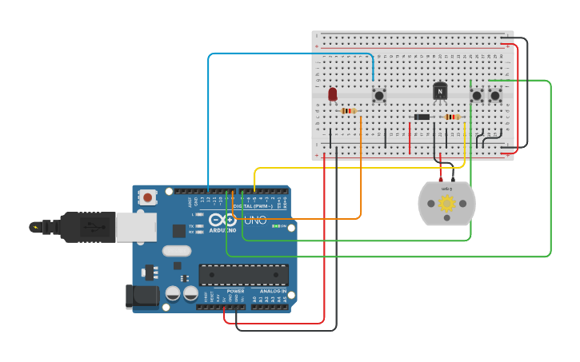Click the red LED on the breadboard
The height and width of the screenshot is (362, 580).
[333, 94]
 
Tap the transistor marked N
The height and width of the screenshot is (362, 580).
[440, 92]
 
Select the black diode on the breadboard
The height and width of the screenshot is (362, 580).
[422, 117]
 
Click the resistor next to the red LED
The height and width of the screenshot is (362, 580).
[349, 111]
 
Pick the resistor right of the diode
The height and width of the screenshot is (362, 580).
[452, 117]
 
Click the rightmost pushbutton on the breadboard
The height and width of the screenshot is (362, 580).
[495, 95]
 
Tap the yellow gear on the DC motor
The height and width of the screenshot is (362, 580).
[446, 203]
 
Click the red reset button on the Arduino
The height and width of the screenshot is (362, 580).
[148, 197]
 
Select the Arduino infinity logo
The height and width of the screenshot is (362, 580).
[222, 220]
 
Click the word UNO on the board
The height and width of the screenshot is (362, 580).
[255, 220]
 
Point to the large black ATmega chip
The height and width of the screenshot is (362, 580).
[243, 275]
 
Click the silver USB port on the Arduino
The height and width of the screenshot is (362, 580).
[135, 227]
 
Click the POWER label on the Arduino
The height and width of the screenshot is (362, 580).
[236, 291]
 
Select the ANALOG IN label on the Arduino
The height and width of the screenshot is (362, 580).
[273, 291]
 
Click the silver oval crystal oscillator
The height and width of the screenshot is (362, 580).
[177, 251]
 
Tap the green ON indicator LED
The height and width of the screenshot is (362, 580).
[274, 226]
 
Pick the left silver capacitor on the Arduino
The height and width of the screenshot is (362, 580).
[174, 293]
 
